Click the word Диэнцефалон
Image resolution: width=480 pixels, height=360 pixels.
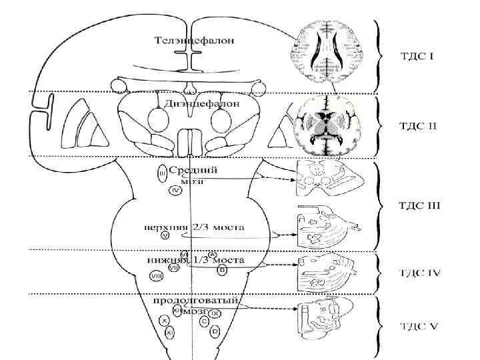pos(193,103)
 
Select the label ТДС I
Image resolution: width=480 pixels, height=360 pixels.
pos(416,56)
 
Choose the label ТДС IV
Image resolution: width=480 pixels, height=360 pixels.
pos(419,272)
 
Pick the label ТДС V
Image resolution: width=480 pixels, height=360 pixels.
pos(418,326)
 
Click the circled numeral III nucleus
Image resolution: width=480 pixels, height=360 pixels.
pos(162,175)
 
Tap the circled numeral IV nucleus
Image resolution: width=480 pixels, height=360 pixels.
pos(175,191)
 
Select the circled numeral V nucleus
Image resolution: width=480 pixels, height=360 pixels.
pos(165,235)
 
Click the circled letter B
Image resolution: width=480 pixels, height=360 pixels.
pos(222,269)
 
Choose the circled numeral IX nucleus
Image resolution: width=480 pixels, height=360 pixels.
pos(215,313)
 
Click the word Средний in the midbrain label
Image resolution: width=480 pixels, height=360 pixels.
pos(188,171)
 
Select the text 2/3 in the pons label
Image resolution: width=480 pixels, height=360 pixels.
pos(199,227)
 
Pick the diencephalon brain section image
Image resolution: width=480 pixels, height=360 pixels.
pos(325,125)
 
